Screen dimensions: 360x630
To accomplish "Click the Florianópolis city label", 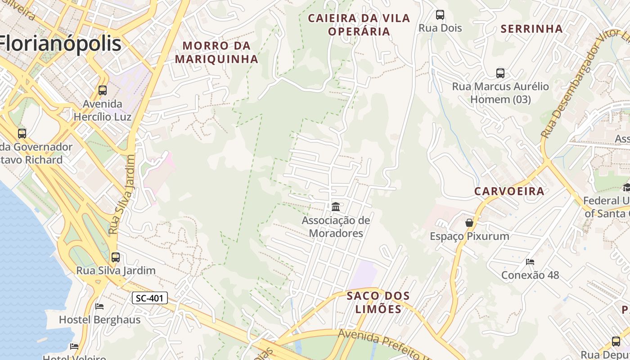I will (x=61, y=44).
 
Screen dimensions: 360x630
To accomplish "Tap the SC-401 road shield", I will (x=150, y=297).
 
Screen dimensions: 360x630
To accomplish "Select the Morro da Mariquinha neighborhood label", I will (x=216, y=52).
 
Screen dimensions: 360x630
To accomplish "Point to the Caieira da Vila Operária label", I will (x=359, y=25).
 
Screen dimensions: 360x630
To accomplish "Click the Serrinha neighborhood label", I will (x=531, y=29).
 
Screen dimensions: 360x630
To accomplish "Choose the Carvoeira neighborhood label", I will (x=509, y=191).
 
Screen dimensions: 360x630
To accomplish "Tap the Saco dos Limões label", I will (x=378, y=302).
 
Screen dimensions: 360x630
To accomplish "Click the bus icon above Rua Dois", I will (x=440, y=15).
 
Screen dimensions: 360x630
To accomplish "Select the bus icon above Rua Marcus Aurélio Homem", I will (x=500, y=73).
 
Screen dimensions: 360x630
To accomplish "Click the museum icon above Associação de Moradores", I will (x=336, y=207).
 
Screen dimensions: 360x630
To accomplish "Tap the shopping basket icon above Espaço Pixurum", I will (x=469, y=223).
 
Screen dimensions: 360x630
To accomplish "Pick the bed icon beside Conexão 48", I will (x=530, y=261).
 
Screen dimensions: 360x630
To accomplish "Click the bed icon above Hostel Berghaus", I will (x=99, y=306).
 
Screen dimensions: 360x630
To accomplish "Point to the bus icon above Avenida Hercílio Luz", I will (x=103, y=90).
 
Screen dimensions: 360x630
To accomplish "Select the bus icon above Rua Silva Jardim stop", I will (x=116, y=257).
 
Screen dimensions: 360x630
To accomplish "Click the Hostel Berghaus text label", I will (x=100, y=320).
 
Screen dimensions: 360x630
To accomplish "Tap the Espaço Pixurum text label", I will (x=469, y=236).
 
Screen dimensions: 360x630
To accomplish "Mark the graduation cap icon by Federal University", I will (x=626, y=187).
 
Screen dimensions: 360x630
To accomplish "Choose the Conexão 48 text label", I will (x=530, y=275).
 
